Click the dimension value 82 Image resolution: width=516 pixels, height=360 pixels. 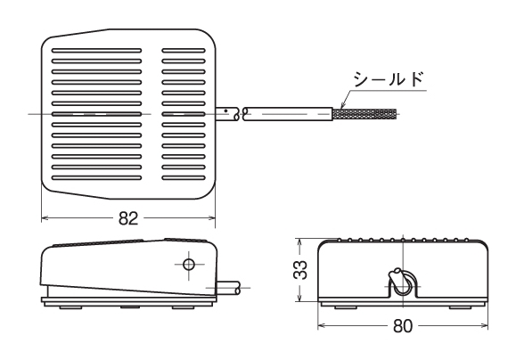(128, 218)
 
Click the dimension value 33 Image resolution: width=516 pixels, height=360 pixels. (300, 270)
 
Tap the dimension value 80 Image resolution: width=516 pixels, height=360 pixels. (403, 326)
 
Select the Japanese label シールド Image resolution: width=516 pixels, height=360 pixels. (389, 79)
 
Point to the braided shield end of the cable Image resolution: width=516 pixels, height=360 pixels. (364, 114)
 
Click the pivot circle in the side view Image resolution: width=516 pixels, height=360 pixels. (189, 264)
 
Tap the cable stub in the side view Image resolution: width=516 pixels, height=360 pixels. (228, 288)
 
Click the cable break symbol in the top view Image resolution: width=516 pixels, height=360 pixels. (241, 114)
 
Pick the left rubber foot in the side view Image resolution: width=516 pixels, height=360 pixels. (70, 307)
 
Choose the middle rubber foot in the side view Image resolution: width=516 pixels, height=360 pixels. (131, 307)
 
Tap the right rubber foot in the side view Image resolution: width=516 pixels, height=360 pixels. (183, 307)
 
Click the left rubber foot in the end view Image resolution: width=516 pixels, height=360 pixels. (346, 307)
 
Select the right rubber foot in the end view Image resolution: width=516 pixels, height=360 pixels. (461, 307)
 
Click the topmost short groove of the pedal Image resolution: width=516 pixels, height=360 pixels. (184, 51)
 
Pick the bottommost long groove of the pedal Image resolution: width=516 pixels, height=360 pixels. (96, 178)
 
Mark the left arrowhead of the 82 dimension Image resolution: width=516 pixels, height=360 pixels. (45, 217)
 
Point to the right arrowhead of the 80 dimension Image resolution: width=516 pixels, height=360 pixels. (484, 326)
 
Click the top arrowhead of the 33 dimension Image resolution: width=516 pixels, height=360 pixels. (299, 242)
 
